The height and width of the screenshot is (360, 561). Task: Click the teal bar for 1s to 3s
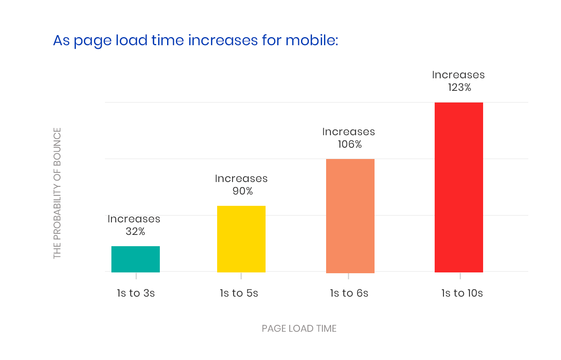pyautogui.click(x=136, y=259)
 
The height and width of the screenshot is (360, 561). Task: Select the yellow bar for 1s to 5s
pyautogui.click(x=241, y=239)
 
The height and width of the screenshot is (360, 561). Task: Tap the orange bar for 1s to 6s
pyautogui.click(x=350, y=216)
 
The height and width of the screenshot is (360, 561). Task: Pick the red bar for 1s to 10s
pyautogui.click(x=459, y=187)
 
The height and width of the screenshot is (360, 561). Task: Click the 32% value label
pyautogui.click(x=135, y=231)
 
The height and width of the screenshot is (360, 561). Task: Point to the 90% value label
pyautogui.click(x=243, y=191)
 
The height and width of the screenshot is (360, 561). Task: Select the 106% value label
pyautogui.click(x=350, y=144)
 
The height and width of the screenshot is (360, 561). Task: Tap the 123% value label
pyautogui.click(x=459, y=87)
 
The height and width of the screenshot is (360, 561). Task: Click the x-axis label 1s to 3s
pyautogui.click(x=136, y=293)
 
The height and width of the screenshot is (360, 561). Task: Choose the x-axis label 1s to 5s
pyautogui.click(x=239, y=293)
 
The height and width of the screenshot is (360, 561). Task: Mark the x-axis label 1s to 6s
pyautogui.click(x=349, y=293)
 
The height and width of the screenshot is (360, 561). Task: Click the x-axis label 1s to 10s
pyautogui.click(x=462, y=293)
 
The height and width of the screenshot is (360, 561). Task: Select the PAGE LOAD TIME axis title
pyautogui.click(x=299, y=329)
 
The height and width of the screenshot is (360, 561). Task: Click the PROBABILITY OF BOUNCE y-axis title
pyautogui.click(x=57, y=193)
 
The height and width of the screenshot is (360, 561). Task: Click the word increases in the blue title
pyautogui.click(x=223, y=40)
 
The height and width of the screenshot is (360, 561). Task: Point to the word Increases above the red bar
pyautogui.click(x=458, y=75)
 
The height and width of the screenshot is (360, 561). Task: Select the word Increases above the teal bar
pyautogui.click(x=134, y=219)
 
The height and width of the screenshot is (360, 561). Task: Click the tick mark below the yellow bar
pyautogui.click(x=241, y=276)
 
